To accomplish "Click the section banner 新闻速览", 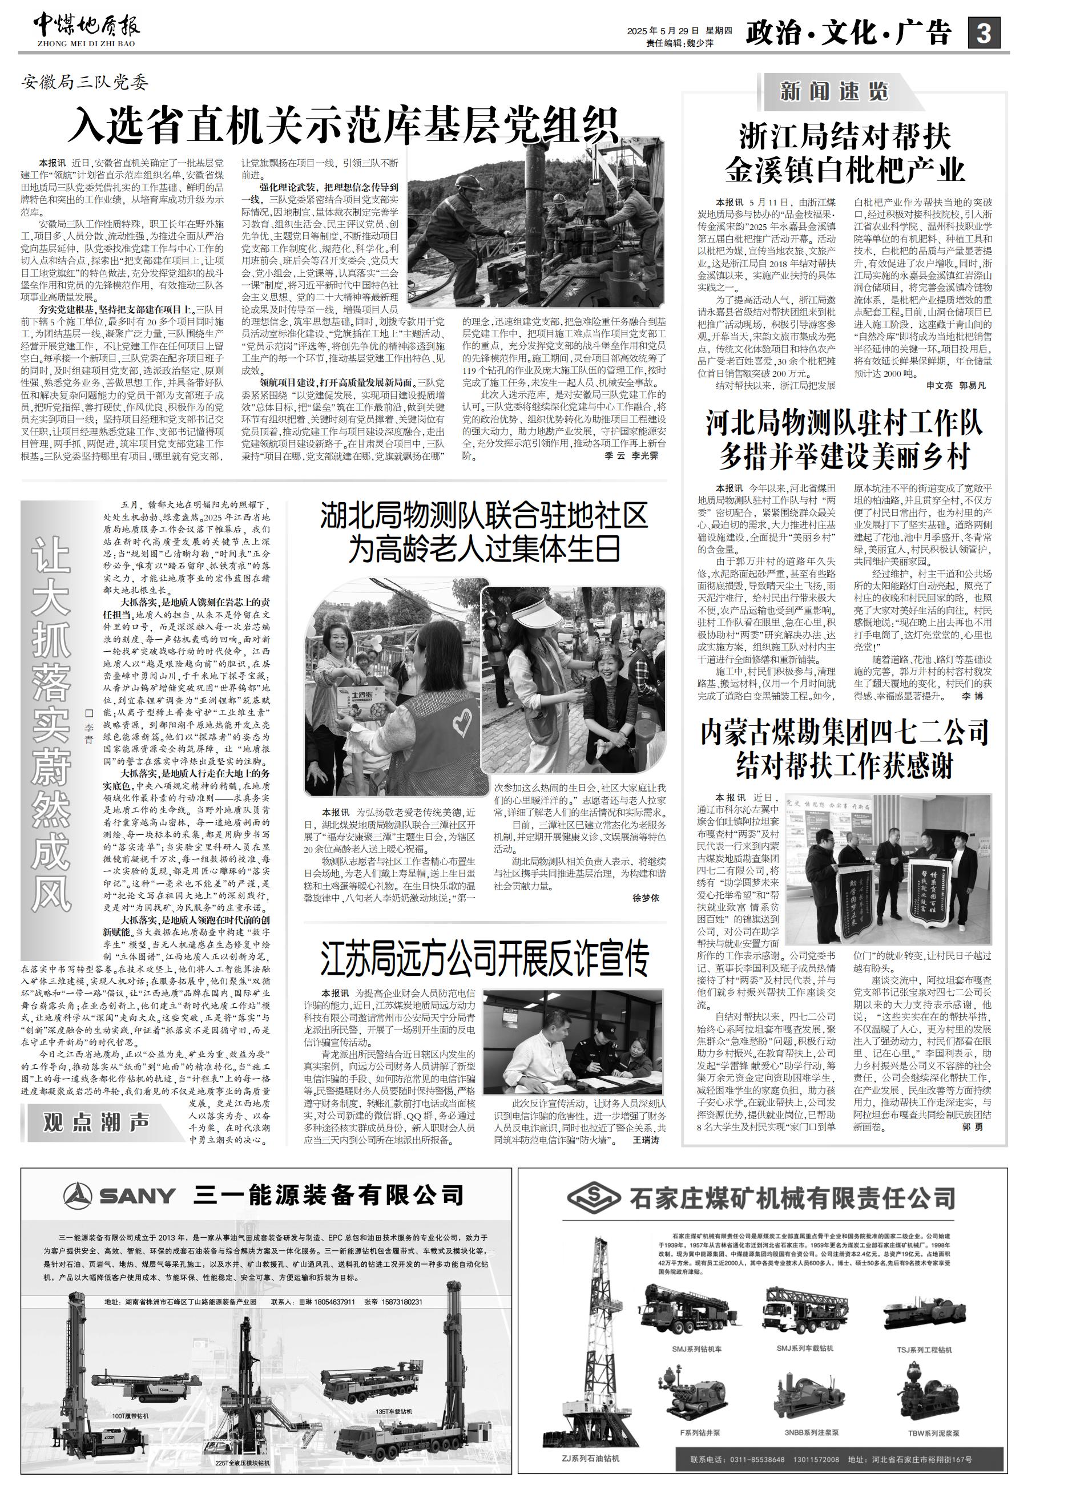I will [834, 91].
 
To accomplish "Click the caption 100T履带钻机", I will [130, 1415].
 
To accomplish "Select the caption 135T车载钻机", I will [394, 1411].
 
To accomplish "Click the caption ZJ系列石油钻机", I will [591, 1472].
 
